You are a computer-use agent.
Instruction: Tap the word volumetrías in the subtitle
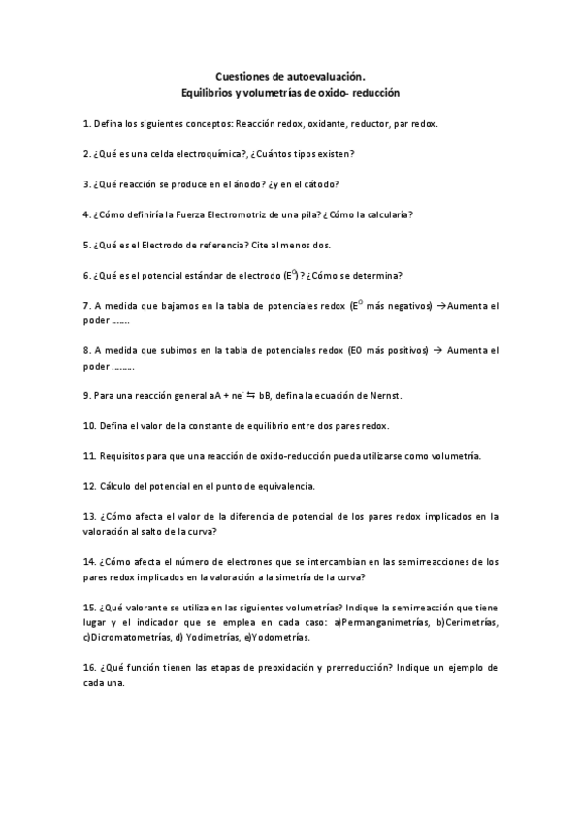coord(278,93)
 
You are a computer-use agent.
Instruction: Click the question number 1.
coord(86,124)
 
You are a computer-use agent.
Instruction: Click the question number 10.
coord(88,426)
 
